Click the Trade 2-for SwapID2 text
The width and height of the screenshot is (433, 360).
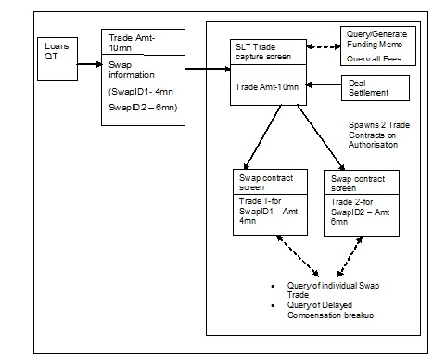(357, 211)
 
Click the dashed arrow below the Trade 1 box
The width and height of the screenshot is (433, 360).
(291, 255)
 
